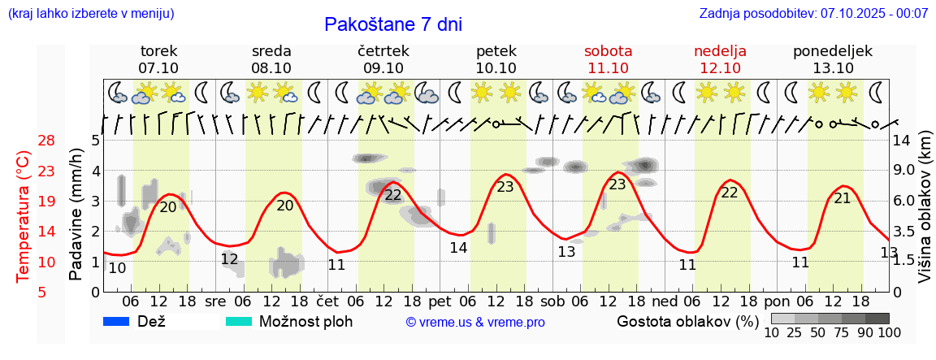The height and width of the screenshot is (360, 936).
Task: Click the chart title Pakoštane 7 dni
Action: pos(392,24)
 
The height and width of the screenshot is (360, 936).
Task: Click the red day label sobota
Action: pos(608,51)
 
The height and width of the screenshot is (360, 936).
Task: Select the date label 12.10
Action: pos(720,68)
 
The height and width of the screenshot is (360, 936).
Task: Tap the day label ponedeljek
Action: pos(833,51)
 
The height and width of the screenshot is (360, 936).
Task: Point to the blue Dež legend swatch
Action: pos(117,322)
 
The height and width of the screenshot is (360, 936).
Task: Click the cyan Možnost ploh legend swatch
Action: pos(238,322)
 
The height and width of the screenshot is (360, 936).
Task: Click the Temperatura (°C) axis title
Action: pos(23,217)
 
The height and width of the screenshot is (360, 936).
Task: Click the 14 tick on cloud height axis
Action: pos(903,141)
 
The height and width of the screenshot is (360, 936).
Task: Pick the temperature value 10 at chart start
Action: pos(117,268)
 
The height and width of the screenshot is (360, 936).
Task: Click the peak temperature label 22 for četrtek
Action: pos(392,195)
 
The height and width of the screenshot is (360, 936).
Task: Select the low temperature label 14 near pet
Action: pos(458,248)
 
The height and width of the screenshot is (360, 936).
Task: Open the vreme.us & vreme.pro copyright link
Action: pos(475,323)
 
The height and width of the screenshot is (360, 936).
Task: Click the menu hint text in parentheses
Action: pos(90,14)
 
